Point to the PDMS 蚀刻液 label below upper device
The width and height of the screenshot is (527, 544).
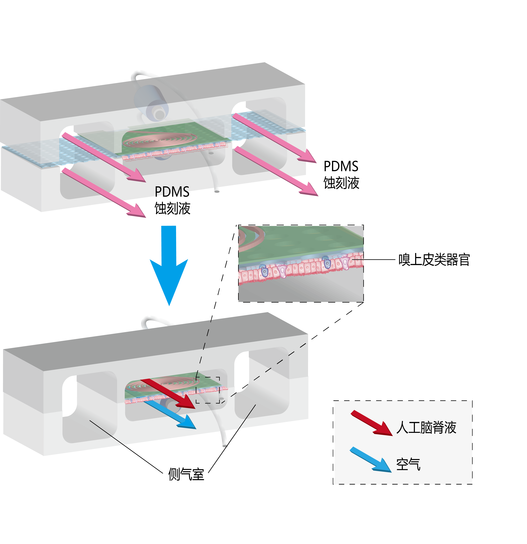tap(172, 200)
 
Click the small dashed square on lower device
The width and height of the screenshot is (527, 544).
tap(208, 390)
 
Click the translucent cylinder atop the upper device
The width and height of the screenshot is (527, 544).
tap(151, 103)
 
